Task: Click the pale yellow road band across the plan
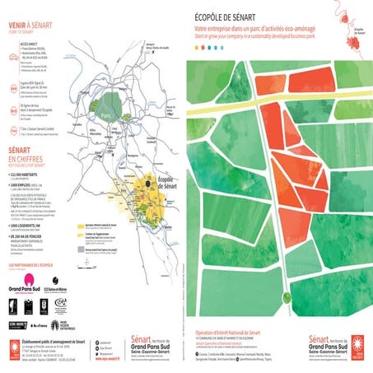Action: [x=272, y=75]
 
